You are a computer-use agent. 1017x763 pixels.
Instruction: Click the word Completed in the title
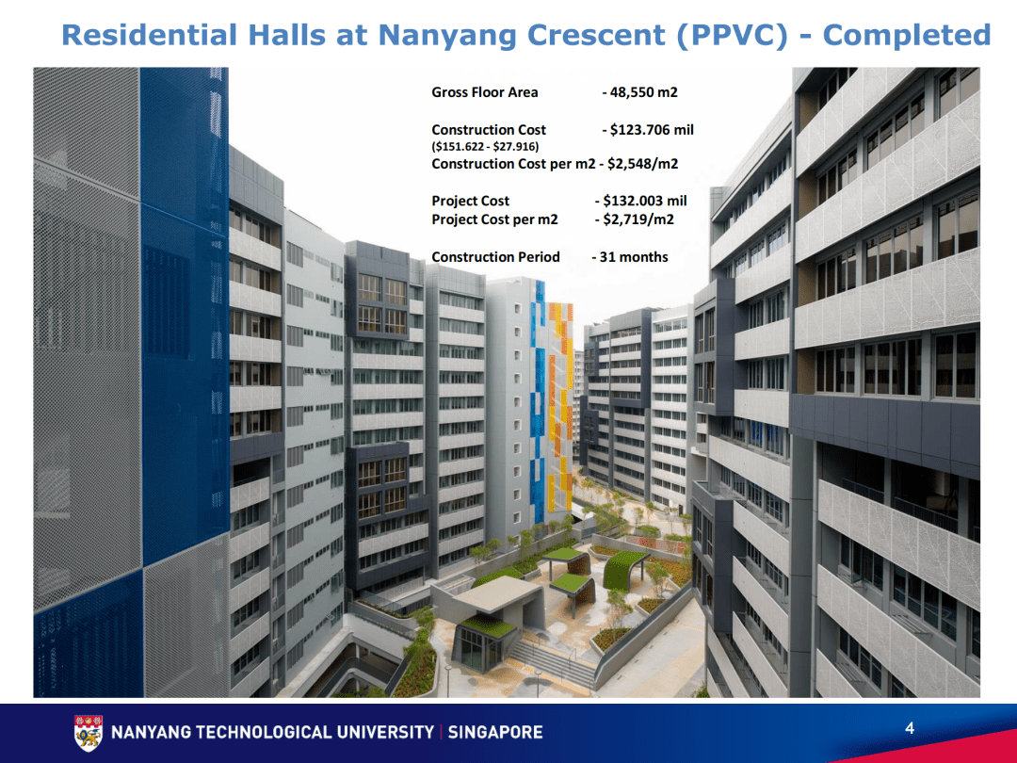coord(907,35)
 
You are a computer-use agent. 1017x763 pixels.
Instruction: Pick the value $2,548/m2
coord(643,164)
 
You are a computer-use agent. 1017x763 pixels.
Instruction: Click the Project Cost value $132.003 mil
coord(645,201)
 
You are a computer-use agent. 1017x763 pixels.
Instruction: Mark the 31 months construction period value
coord(633,257)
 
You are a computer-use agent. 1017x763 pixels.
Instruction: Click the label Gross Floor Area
coord(485,92)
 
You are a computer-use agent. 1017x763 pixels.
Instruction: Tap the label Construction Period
coord(495,257)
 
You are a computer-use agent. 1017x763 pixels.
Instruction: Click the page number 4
coord(910,728)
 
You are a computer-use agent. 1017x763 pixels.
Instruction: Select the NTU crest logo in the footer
coord(88,732)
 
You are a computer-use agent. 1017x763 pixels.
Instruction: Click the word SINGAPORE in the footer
coord(495,733)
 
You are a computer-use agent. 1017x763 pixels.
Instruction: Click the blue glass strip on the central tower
coord(540,396)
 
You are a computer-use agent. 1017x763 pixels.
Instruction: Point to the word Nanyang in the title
coord(446,35)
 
